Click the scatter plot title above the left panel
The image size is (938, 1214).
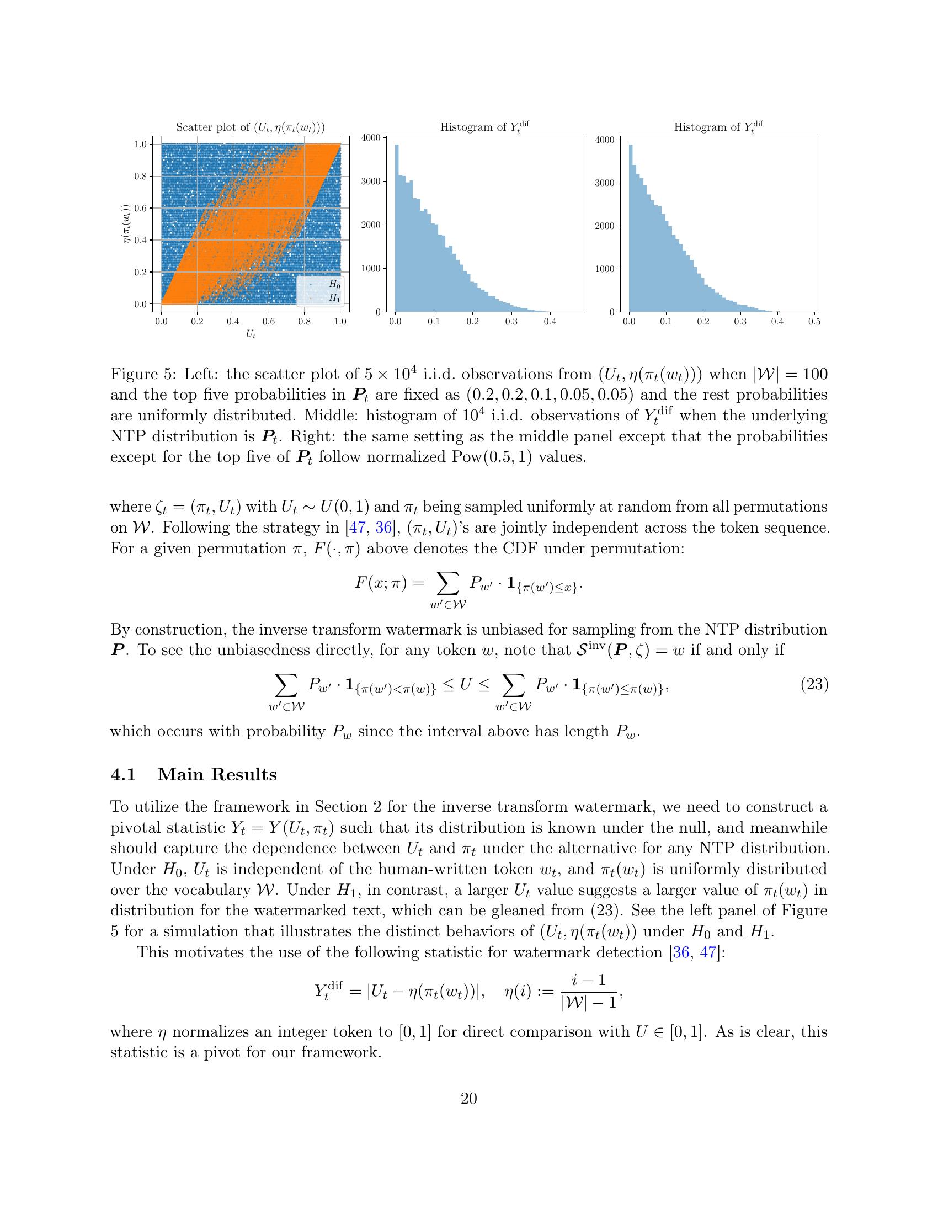(x=250, y=127)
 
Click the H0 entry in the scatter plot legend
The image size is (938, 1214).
(x=333, y=284)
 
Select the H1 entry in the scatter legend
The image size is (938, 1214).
(x=333, y=298)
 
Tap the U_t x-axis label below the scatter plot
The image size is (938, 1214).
(x=251, y=336)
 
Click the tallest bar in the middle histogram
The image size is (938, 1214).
(x=397, y=228)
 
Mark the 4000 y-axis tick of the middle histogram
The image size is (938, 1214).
(x=371, y=137)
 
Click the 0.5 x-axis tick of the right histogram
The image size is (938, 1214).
(x=813, y=321)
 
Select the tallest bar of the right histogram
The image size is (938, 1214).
(x=631, y=228)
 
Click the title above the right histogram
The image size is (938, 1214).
(x=718, y=127)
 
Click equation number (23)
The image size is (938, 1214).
(x=813, y=685)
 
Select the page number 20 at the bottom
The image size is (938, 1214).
(x=468, y=1098)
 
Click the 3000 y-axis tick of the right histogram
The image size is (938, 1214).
(x=605, y=183)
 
